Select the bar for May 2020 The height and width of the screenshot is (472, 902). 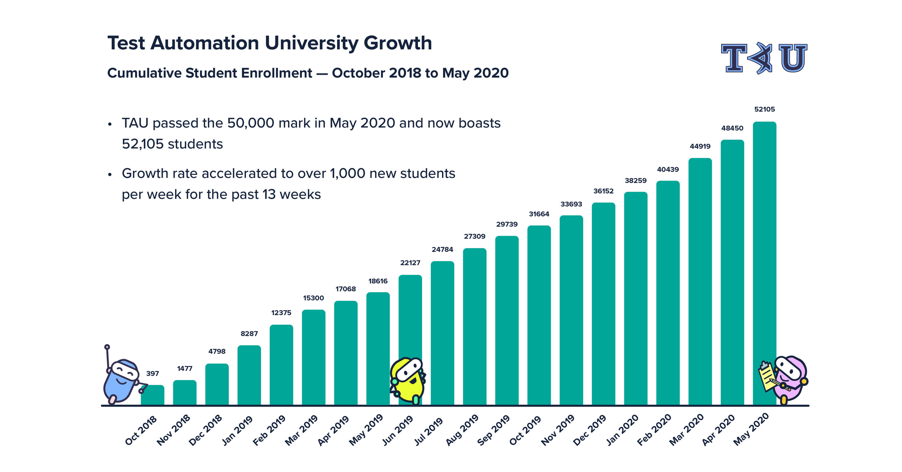(x=764, y=262)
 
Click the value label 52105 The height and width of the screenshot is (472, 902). (x=764, y=109)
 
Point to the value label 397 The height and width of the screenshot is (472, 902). (x=152, y=373)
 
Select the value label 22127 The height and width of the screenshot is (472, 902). (x=410, y=262)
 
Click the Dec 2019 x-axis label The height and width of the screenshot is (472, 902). (x=590, y=430)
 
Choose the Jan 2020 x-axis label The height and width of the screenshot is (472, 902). (x=622, y=430)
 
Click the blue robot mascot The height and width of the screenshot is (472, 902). (x=120, y=382)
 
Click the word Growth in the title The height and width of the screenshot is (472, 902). (x=398, y=43)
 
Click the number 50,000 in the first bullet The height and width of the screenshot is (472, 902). (x=250, y=123)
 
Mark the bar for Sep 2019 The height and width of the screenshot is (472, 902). (x=507, y=320)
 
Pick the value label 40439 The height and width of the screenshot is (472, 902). (x=668, y=169)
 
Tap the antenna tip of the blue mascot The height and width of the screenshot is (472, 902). (x=107, y=347)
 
